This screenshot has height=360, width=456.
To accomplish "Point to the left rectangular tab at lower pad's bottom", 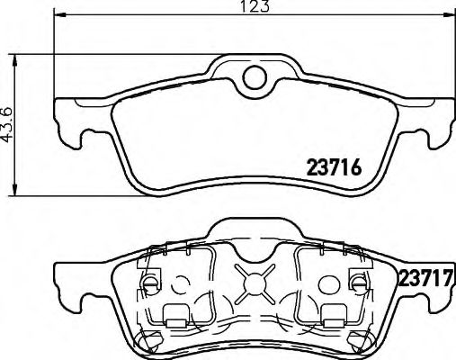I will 177,316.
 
